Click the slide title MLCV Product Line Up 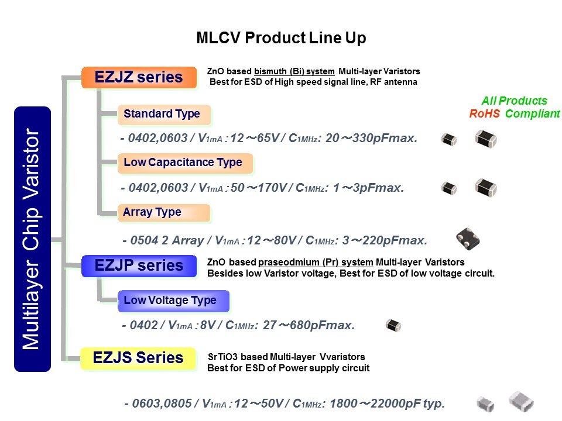281,39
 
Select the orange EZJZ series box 139,77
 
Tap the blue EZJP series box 139,265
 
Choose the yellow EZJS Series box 139,357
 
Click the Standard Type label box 163,114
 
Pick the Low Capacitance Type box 183,163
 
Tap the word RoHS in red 484,114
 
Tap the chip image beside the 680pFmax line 393,326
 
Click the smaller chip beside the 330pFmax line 449,139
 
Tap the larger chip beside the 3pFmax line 485,188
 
